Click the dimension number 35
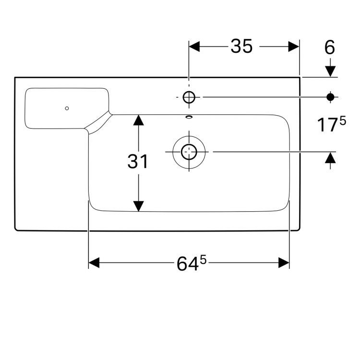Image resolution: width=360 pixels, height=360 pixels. pyautogui.click(x=241, y=47)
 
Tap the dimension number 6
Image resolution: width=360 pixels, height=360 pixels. pyautogui.click(x=330, y=48)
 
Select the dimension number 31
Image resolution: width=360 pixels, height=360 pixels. pyautogui.click(x=138, y=162)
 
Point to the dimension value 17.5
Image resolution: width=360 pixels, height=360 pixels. pyautogui.click(x=331, y=125)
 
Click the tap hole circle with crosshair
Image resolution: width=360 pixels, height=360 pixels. pyautogui.click(x=189, y=97)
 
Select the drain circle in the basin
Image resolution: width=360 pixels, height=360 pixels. pyautogui.click(x=189, y=152)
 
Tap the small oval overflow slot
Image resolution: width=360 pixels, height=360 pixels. pyautogui.click(x=189, y=116)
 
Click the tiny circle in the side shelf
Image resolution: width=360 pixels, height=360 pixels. pyautogui.click(x=67, y=108)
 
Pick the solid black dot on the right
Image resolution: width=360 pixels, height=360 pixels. pyautogui.click(x=330, y=97)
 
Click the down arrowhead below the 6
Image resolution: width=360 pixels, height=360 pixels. pyautogui.click(x=330, y=71)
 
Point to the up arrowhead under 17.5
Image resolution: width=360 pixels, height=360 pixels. pyautogui.click(x=330, y=158)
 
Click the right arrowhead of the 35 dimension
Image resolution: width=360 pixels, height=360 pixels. pyautogui.click(x=294, y=47)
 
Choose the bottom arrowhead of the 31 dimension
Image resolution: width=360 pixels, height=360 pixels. pyautogui.click(x=138, y=206)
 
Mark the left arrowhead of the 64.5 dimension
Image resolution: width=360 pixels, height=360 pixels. pyautogui.click(x=94, y=263)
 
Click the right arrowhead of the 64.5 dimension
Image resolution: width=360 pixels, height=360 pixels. pyautogui.click(x=284, y=263)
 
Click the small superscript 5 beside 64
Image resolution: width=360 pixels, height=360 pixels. pyautogui.click(x=203, y=260)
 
